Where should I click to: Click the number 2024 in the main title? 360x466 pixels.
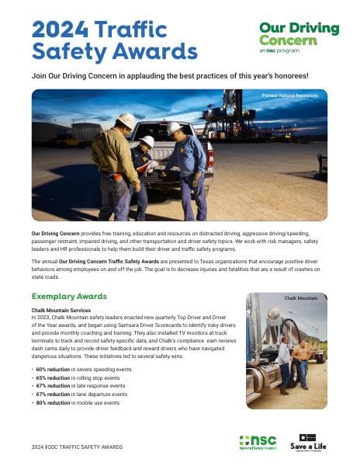[x=59, y=29]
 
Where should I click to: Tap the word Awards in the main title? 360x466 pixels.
[x=159, y=52]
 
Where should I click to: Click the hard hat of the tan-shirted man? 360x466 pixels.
[x=126, y=120]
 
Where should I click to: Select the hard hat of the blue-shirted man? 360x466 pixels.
[x=175, y=127]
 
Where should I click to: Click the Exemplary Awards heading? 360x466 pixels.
[x=68, y=297]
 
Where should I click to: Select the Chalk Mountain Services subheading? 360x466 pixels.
[x=63, y=310]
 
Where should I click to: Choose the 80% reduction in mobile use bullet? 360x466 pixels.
[x=77, y=403]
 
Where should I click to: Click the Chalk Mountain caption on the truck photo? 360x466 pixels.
[x=301, y=297]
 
